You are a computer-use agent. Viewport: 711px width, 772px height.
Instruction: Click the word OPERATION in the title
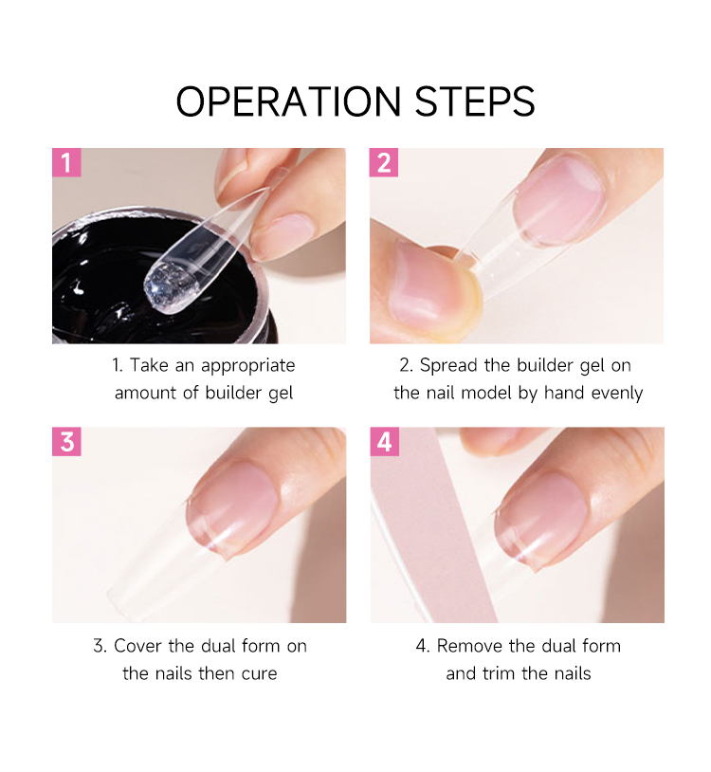(289, 101)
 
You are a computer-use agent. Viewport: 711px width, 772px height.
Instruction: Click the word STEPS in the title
(475, 101)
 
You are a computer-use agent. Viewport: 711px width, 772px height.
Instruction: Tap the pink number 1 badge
(66, 162)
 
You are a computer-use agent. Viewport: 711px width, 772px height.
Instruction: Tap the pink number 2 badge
(384, 162)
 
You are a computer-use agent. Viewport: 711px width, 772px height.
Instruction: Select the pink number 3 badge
(66, 441)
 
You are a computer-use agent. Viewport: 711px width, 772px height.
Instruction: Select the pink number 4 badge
(384, 441)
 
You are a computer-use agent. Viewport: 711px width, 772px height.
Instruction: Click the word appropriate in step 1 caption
(248, 366)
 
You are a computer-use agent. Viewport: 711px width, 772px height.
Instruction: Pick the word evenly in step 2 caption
(617, 394)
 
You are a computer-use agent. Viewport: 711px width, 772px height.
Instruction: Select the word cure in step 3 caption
(259, 673)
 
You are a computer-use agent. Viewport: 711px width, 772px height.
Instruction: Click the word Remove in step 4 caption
(469, 646)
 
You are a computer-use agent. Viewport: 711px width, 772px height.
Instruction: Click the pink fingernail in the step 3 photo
(234, 507)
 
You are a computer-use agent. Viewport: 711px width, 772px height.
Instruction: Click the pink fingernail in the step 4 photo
(541, 520)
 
